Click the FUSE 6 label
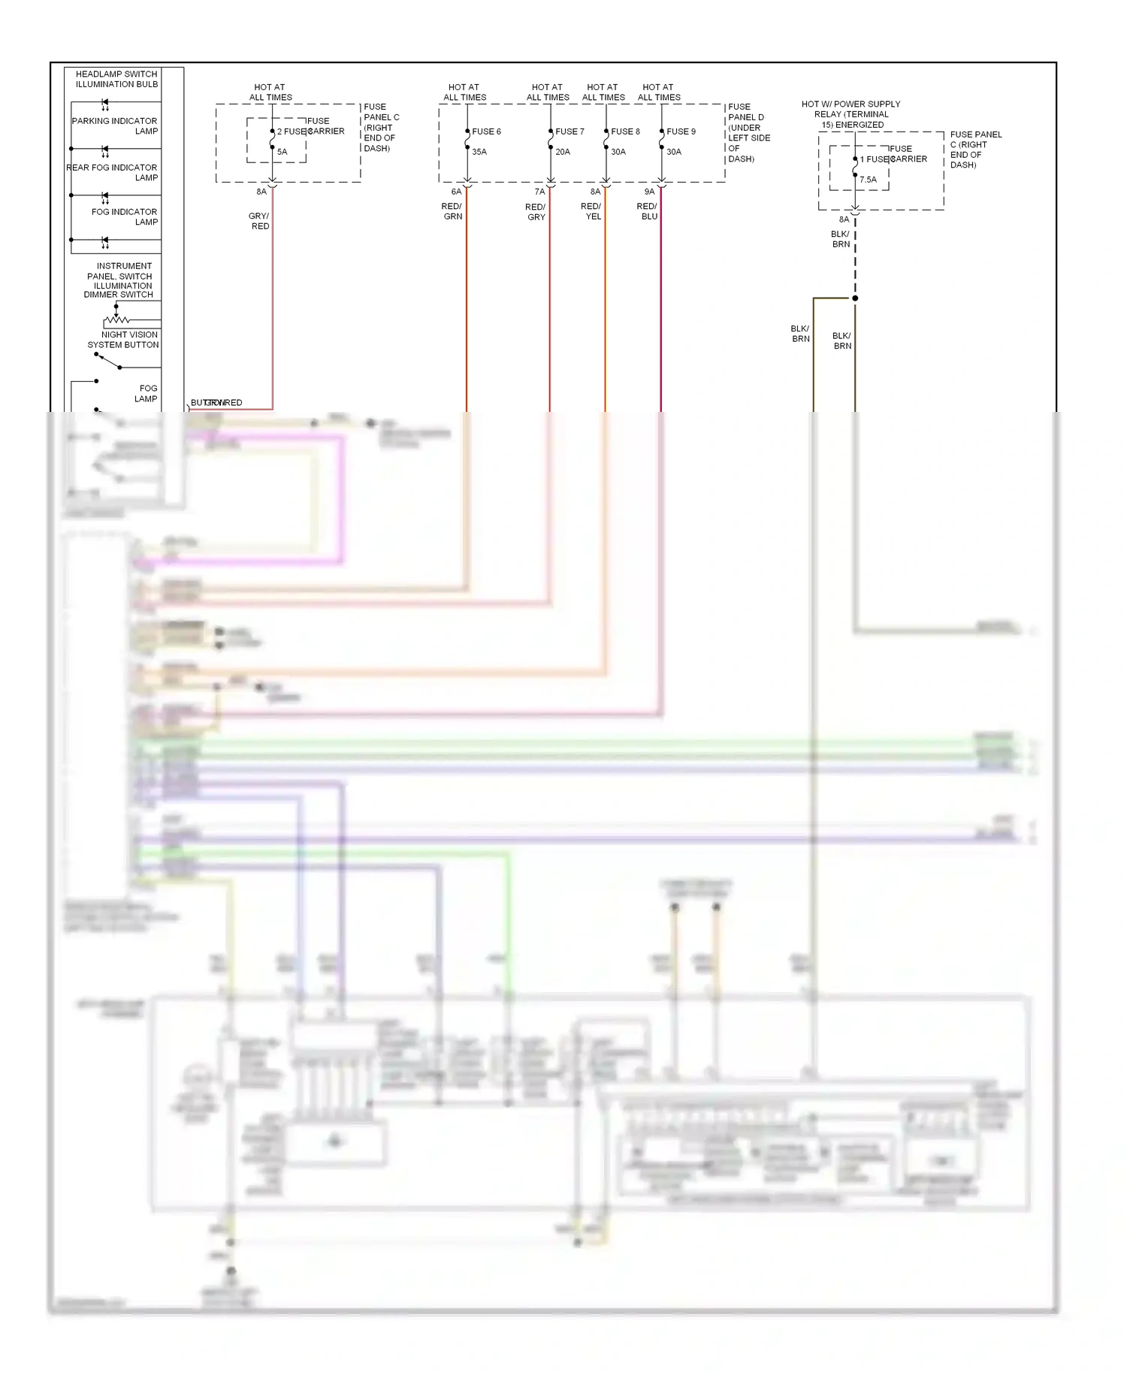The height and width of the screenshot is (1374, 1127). [486, 132]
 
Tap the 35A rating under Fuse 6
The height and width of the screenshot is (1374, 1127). [479, 152]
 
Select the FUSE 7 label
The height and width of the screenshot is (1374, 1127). [570, 132]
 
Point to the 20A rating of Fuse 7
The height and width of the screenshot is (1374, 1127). [563, 152]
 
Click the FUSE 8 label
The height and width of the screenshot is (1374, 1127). [625, 132]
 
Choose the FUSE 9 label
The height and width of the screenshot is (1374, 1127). [681, 132]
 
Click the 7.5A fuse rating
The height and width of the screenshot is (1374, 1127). [868, 180]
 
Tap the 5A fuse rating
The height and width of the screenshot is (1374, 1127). [282, 152]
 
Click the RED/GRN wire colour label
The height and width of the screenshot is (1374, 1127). [452, 211]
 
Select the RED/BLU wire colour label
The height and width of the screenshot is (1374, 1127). [648, 211]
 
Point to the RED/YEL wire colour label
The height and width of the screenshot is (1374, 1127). [591, 211]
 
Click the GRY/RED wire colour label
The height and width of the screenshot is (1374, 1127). [259, 221]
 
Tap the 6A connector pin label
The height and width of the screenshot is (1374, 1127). [456, 192]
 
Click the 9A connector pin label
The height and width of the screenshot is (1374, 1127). [649, 192]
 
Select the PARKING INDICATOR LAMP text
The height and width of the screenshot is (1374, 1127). [115, 126]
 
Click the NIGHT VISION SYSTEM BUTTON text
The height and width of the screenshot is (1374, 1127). [124, 340]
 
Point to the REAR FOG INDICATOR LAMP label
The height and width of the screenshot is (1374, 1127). [113, 172]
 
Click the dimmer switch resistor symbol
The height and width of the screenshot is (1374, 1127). [116, 320]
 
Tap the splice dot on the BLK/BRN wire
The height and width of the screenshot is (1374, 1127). [855, 298]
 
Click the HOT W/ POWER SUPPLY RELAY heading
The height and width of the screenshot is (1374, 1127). [851, 114]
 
